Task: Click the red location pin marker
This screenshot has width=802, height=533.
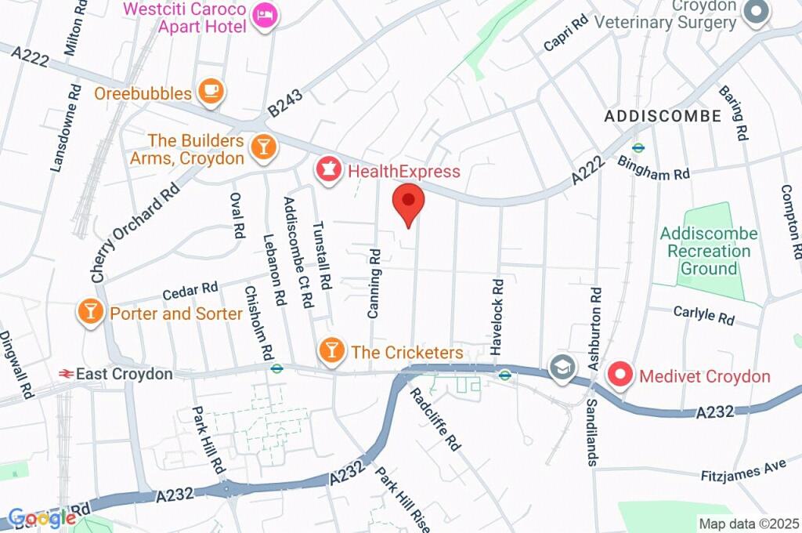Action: [408, 203]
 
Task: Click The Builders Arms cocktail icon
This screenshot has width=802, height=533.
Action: [263, 147]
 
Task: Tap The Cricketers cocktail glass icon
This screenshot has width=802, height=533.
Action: [332, 351]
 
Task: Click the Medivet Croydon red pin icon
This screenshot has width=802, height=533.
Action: [621, 375]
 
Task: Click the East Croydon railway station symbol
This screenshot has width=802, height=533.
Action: [65, 374]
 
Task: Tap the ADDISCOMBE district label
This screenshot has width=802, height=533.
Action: [663, 116]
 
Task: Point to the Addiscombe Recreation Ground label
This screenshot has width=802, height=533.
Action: [709, 251]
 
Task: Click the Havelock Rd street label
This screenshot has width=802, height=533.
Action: [497, 317]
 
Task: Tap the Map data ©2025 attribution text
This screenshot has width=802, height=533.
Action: [749, 524]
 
